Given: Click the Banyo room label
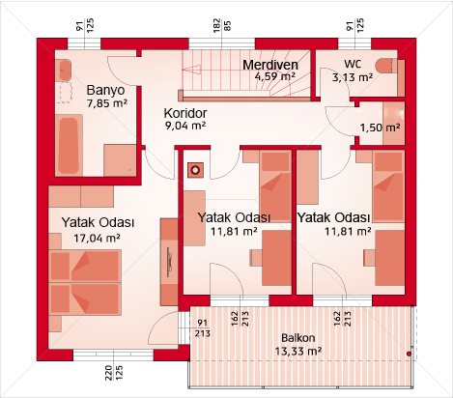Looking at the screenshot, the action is click(x=105, y=90).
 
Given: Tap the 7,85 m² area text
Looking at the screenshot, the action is click(x=107, y=103).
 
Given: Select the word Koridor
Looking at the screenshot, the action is click(x=185, y=113).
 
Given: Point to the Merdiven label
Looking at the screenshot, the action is click(x=270, y=65).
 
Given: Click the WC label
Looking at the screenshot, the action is click(x=353, y=64).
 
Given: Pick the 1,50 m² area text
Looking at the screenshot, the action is click(x=381, y=128).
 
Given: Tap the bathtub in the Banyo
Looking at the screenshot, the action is click(x=70, y=146).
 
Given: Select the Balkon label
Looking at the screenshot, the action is click(x=298, y=338).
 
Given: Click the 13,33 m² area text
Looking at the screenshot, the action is click(x=298, y=351).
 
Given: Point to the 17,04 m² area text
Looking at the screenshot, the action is click(x=97, y=239).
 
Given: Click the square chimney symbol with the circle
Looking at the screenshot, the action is click(x=195, y=170).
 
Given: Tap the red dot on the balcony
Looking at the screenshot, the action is click(x=409, y=354).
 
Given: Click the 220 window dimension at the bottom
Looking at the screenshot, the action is click(x=108, y=373).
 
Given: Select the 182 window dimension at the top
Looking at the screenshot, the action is click(x=216, y=25).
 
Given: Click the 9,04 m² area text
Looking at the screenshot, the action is click(x=185, y=126).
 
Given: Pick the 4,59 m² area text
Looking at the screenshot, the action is click(x=275, y=76).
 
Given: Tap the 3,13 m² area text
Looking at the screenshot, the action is click(x=353, y=77).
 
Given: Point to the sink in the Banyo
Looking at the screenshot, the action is click(x=65, y=70).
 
